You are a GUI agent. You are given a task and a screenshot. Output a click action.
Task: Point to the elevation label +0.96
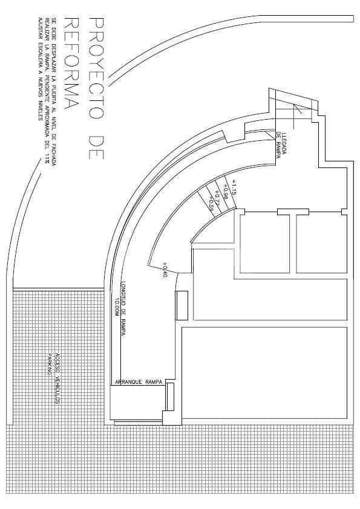[x=224, y=192]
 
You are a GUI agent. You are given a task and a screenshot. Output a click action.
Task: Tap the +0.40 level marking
[x=163, y=269]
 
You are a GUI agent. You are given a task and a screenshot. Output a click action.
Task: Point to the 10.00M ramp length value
[x=117, y=308]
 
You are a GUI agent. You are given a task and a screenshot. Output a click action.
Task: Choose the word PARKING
[x=51, y=366]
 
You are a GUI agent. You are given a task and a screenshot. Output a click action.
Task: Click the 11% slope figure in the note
[x=46, y=158]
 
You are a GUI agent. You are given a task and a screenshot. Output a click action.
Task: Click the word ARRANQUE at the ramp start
[x=129, y=383]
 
